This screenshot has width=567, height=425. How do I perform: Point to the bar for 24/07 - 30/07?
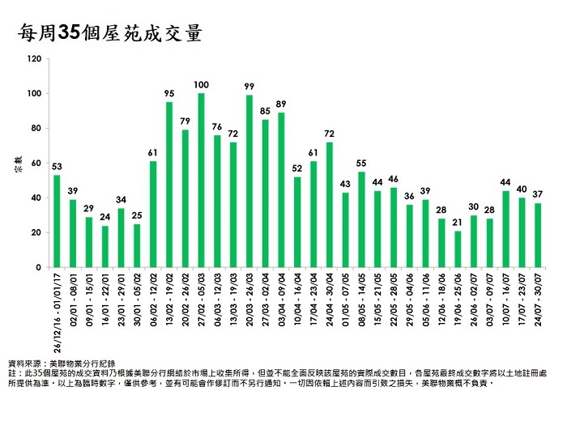coord(538,235)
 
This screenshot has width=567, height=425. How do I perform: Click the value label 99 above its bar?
coord(249,86)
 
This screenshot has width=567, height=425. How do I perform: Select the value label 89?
coord(281,104)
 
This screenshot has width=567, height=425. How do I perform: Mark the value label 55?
coord(361,163)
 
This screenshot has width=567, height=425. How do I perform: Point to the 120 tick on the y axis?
coord(33,59)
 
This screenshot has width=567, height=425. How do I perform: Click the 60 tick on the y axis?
coord(36,163)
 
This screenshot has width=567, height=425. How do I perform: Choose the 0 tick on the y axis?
coord(38,267)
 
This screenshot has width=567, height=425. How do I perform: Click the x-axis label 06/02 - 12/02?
coord(154,300)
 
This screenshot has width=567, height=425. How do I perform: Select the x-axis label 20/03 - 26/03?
coord(250,300)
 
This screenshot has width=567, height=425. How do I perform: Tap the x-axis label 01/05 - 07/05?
coord(346,300)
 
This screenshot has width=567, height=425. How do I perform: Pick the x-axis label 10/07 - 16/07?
coord(507,300)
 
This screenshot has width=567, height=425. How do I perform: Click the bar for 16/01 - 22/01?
coord(105,246)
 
